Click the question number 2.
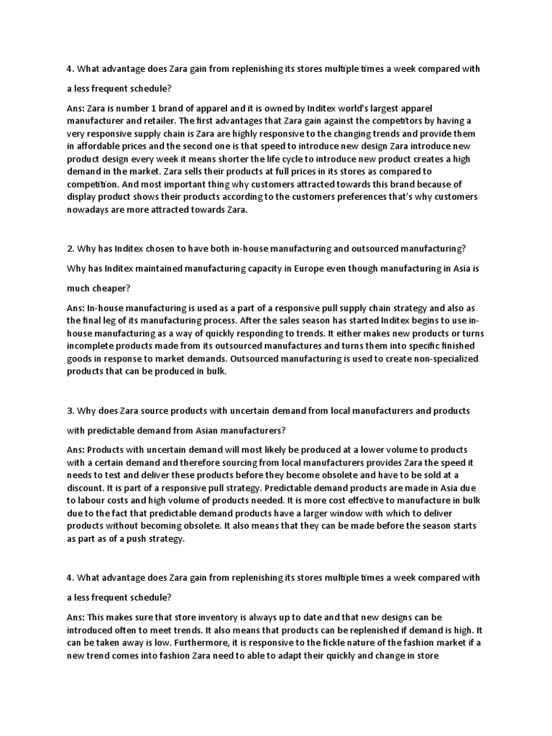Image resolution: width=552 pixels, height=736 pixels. [x=70, y=248]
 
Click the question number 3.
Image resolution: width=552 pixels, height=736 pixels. [x=70, y=411]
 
